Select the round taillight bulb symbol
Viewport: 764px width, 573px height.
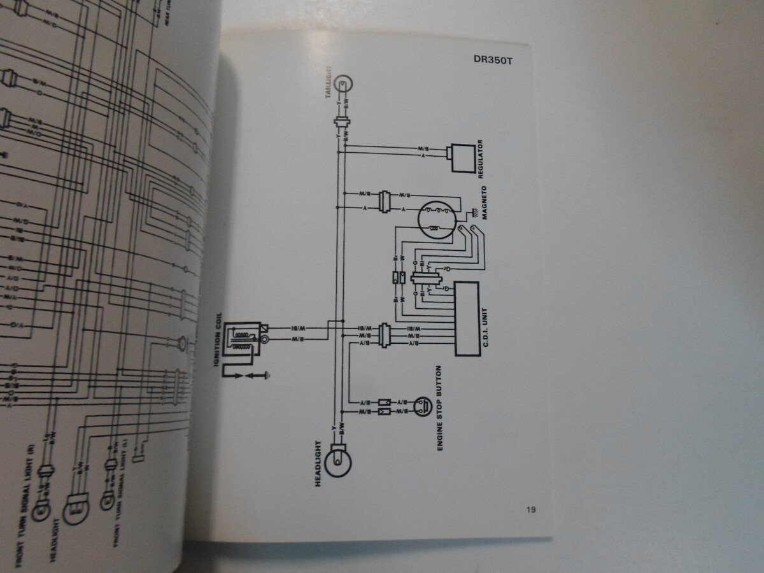click(344, 83)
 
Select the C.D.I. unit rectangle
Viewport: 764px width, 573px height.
click(466, 318)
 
